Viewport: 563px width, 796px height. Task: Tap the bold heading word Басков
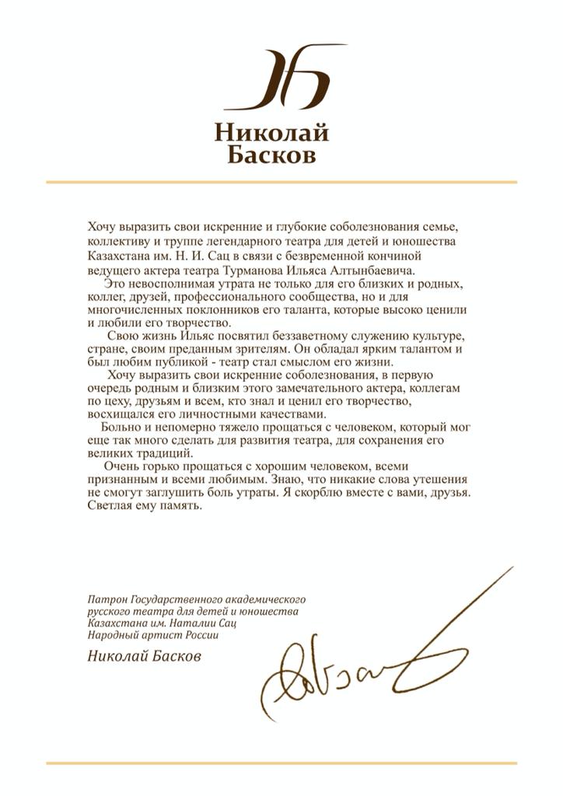tap(271, 155)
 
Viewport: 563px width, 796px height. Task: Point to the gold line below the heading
tap(281, 182)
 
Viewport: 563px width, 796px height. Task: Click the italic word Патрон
tap(107, 599)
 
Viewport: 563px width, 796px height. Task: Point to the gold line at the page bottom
tap(281, 763)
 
